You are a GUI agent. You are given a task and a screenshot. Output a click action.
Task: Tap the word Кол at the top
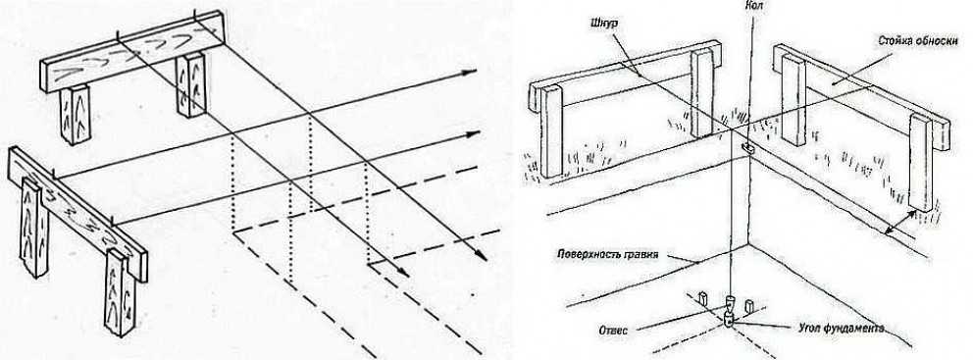754,6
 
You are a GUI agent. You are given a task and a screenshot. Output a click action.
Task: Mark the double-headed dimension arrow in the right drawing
900,223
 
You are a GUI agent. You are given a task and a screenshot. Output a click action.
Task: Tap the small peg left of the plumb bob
703,298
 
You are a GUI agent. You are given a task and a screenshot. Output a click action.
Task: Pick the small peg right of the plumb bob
749,306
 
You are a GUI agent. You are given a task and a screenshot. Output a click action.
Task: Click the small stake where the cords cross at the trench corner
747,148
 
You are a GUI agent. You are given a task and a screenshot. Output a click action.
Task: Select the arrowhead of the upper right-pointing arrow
470,72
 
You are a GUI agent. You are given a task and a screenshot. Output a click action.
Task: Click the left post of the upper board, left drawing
76,115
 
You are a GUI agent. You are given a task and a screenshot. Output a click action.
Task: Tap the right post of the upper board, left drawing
190,85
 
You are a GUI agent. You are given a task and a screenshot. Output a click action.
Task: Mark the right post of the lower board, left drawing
120,291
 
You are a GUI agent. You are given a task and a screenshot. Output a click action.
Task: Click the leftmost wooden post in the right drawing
551,131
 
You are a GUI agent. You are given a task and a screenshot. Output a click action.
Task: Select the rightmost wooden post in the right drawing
921,162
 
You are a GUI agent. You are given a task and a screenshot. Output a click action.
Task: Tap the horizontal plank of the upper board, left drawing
132,52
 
